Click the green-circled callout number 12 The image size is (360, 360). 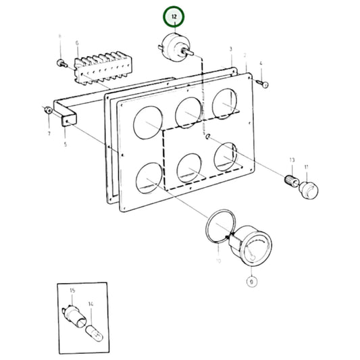tap(174, 15)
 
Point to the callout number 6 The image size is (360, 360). tap(77, 43)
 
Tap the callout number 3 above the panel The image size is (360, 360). tap(231, 49)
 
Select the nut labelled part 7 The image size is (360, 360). tap(48, 110)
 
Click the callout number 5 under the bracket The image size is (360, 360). tap(66, 144)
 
